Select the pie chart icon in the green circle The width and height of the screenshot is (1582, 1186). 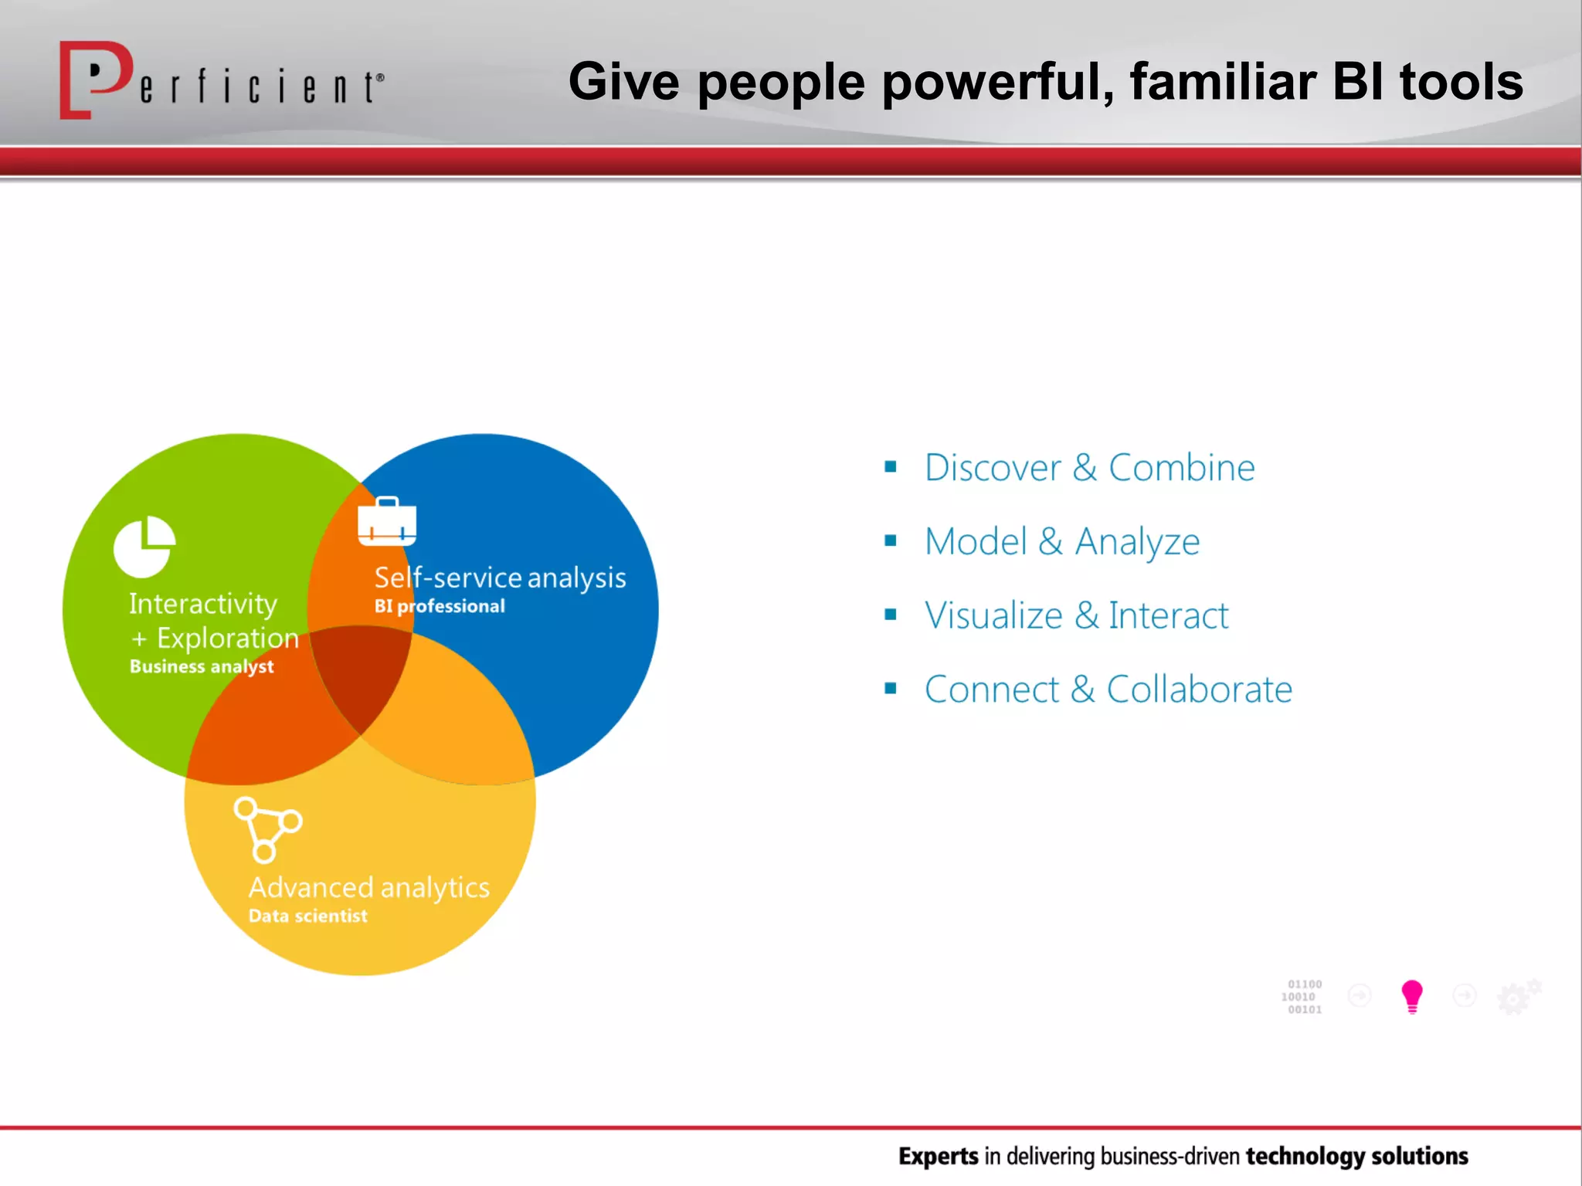pos(144,547)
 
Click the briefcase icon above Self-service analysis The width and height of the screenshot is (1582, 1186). pos(387,522)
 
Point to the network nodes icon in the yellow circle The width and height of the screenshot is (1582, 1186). pos(267,829)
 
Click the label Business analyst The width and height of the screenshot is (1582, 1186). pos(202,666)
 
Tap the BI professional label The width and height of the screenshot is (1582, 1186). pos(440,606)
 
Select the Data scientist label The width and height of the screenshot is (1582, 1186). pos(307,916)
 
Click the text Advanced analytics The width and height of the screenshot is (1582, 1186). pos(368,887)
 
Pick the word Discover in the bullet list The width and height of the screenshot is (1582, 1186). pos(993,468)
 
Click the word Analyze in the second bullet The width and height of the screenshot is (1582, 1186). pos(1137,542)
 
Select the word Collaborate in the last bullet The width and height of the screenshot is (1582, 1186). pos(1199,690)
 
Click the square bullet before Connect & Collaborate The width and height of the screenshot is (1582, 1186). pos(891,688)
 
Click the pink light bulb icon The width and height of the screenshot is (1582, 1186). pos(1412,996)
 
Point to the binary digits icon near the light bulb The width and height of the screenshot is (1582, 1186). pos(1303,996)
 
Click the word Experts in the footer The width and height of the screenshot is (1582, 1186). pos(938,1156)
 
